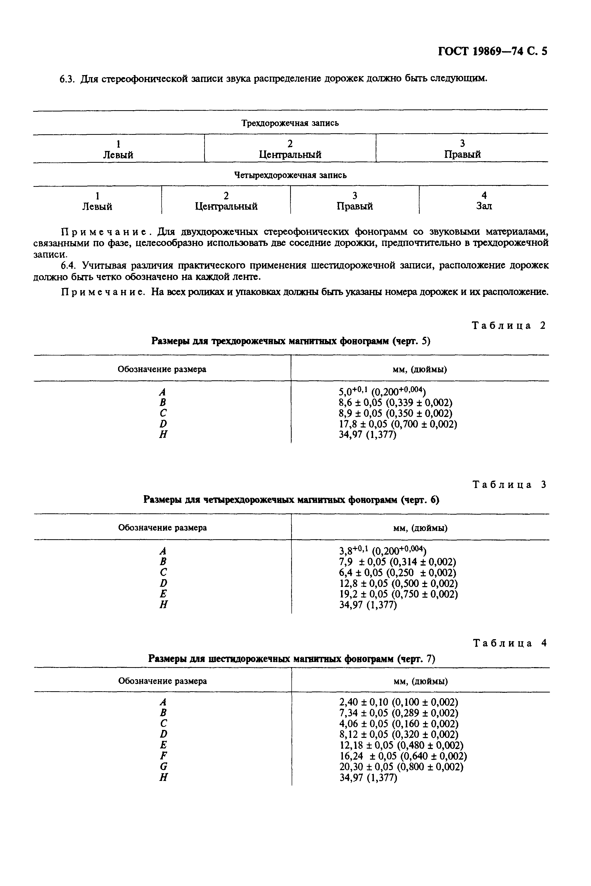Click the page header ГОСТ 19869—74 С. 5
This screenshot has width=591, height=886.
[492, 51]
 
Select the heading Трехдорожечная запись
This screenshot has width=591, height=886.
[290, 123]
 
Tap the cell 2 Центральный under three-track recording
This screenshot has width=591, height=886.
[290, 149]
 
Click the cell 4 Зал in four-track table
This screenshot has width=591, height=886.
[484, 201]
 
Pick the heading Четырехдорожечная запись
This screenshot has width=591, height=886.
[290, 175]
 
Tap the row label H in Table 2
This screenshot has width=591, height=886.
[163, 434]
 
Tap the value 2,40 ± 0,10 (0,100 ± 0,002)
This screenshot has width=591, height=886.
[398, 702]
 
